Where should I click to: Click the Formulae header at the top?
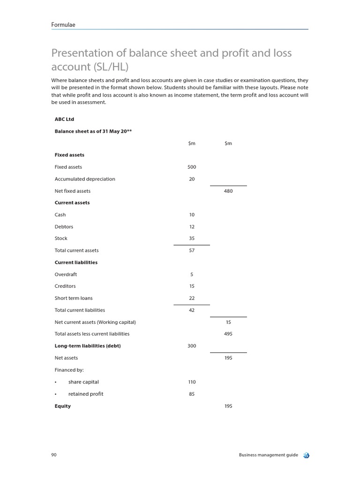[x=63, y=24]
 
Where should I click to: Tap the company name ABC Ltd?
[x=64, y=119]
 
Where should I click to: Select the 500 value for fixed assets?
[x=192, y=167]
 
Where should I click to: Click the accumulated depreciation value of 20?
[x=192, y=179]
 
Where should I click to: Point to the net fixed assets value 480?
[x=228, y=191]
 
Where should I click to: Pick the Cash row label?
[x=60, y=215]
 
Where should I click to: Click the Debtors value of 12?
[x=192, y=227]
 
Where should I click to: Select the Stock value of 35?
[x=192, y=239]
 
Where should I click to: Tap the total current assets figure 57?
[x=192, y=250]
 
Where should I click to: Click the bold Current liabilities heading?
[x=76, y=262]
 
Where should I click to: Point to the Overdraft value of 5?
[x=192, y=275]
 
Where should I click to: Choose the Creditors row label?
[x=65, y=286]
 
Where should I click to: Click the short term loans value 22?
[x=192, y=298]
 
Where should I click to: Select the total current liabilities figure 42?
[x=192, y=310]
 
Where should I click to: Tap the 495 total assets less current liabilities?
[x=228, y=334]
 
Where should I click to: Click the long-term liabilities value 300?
[x=192, y=346]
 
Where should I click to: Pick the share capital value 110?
[x=192, y=382]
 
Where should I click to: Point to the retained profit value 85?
[x=192, y=394]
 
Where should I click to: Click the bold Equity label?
[x=63, y=406]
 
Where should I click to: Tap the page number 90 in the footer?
[x=54, y=455]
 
